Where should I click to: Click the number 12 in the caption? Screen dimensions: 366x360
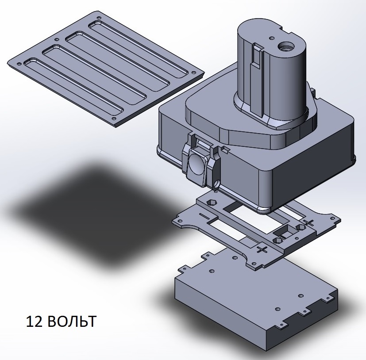point(35,322)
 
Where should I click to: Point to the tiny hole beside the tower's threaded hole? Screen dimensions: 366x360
point(271,38)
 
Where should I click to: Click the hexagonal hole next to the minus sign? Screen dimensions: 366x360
point(211,202)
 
